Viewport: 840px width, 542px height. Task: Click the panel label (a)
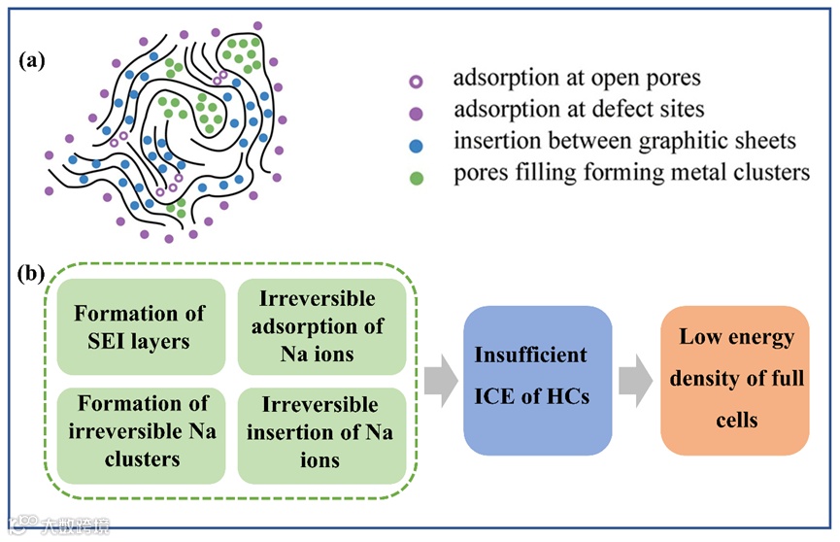click(33, 60)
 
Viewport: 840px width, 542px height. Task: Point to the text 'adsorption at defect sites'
click(579, 110)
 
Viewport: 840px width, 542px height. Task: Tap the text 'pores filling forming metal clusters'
click(630, 174)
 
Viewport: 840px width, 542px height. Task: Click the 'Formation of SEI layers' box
click(141, 326)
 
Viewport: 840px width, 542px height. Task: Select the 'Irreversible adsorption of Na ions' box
click(320, 326)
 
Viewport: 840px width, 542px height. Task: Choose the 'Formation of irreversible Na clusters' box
click(141, 432)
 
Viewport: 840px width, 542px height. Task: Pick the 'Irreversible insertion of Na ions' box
click(320, 432)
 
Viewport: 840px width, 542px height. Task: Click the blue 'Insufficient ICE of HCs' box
click(537, 381)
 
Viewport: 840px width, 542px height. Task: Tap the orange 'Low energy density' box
click(735, 381)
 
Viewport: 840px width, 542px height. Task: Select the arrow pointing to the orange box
click(636, 381)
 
